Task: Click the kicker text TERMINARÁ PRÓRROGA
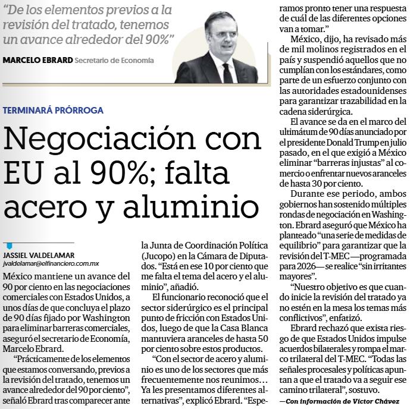pyautogui.click(x=53, y=110)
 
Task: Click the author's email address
pyautogui.click(x=51, y=262)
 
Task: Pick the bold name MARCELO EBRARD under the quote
pyautogui.click(x=37, y=60)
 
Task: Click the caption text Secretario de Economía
pyautogui.click(x=114, y=60)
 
